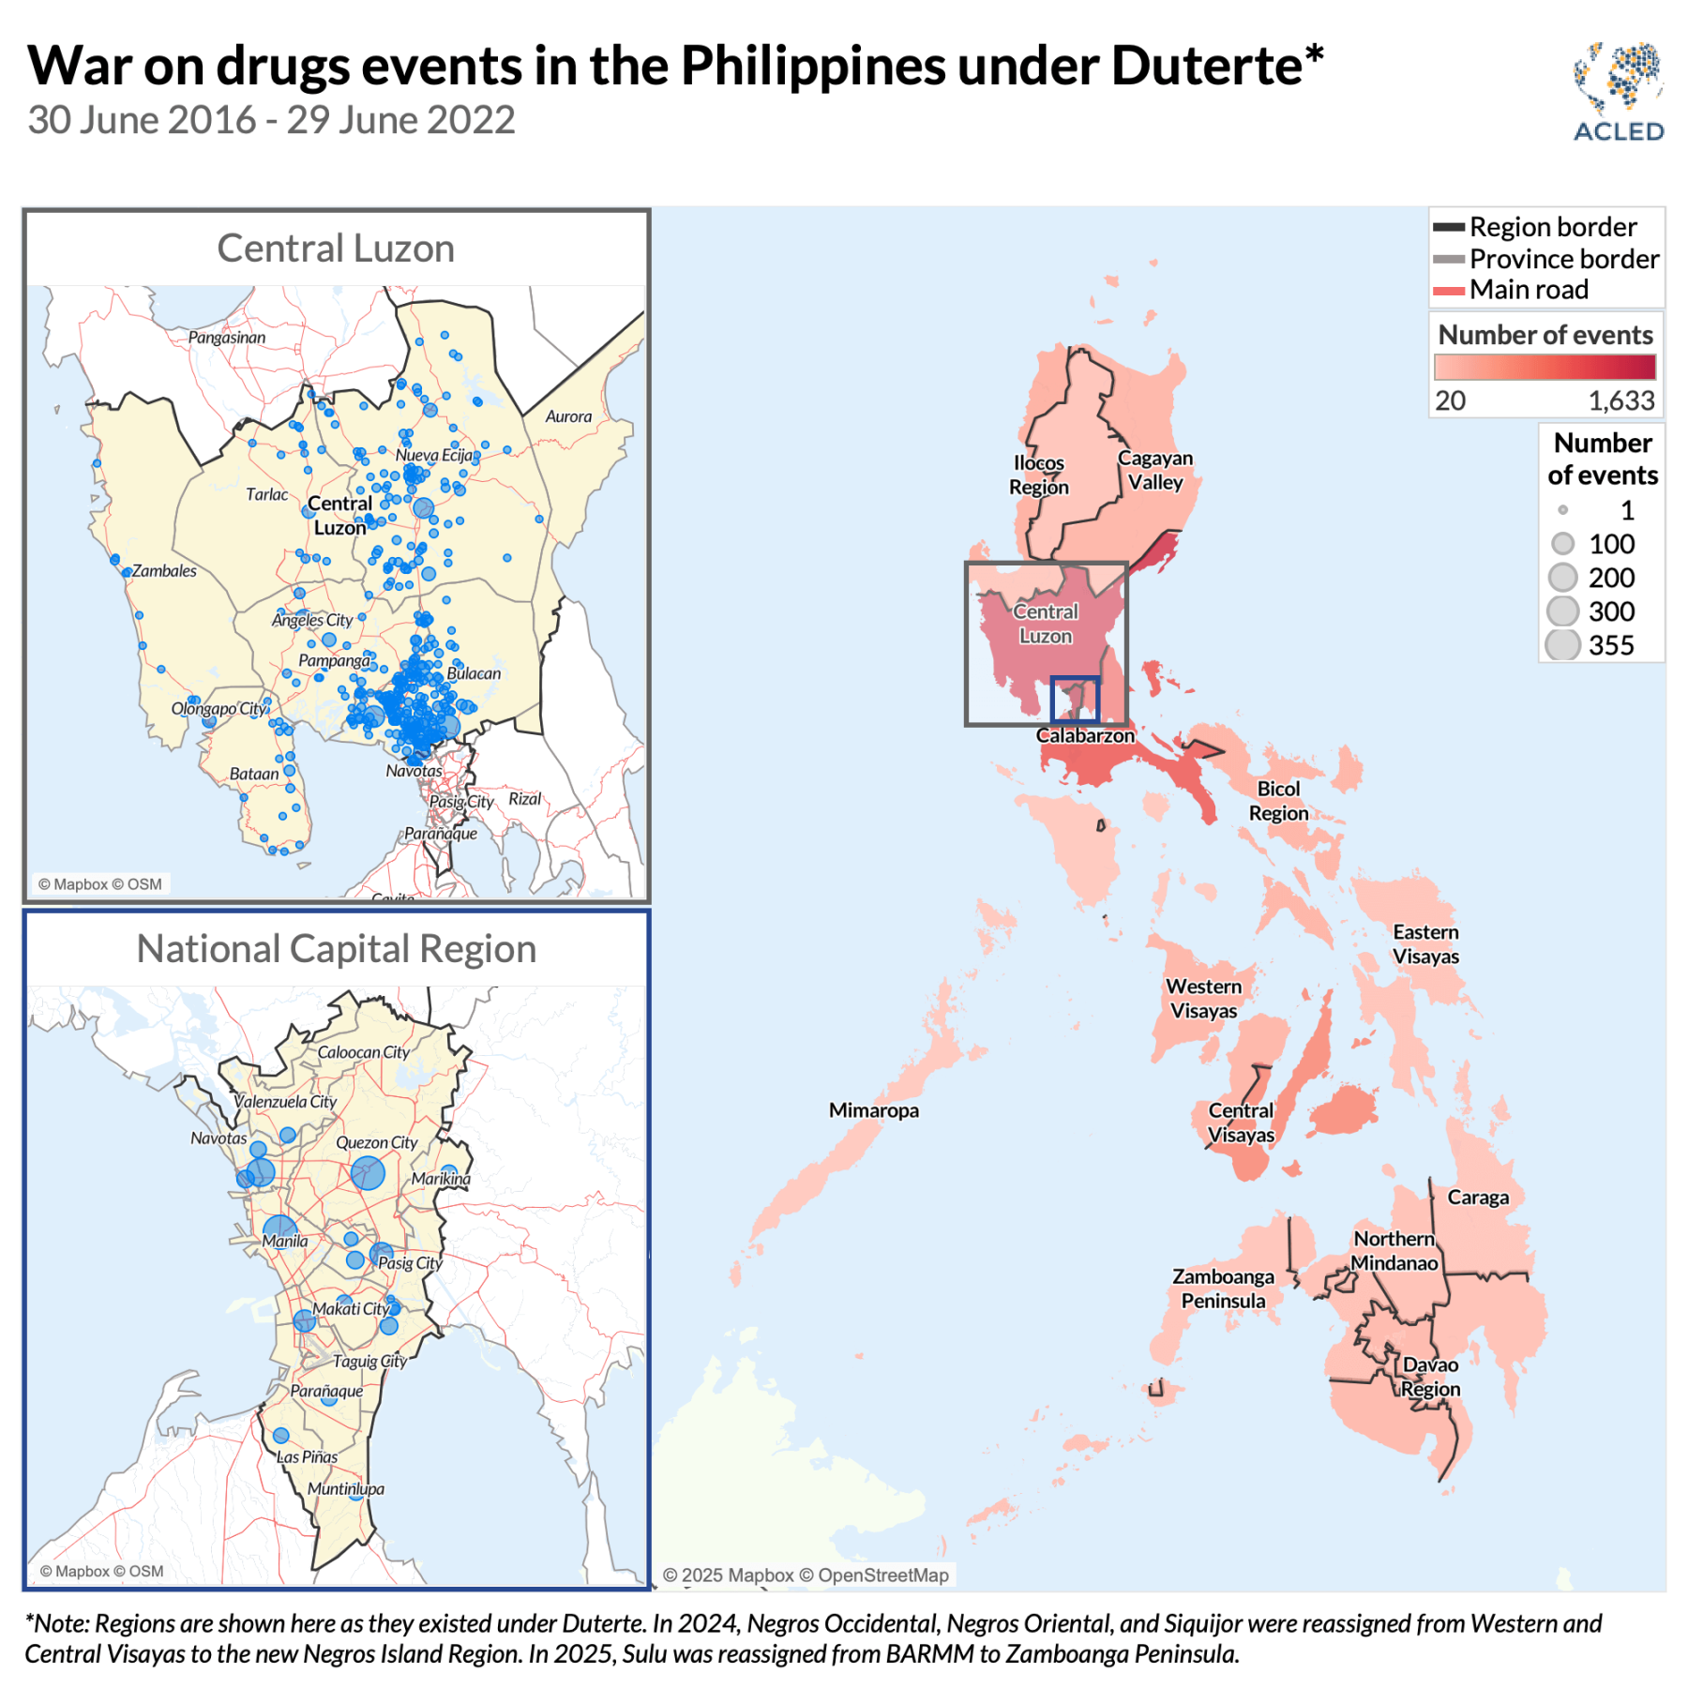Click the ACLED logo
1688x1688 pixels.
point(1618,92)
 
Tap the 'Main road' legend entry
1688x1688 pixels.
point(1528,290)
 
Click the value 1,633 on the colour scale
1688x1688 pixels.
point(1620,401)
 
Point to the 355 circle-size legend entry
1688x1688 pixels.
point(1591,645)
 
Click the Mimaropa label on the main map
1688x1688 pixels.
point(873,1110)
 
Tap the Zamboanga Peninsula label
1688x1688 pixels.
point(1223,1289)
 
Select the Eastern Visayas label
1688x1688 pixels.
point(1425,944)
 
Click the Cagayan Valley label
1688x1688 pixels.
point(1155,470)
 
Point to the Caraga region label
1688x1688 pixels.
point(1478,1198)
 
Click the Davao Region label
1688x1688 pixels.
point(1430,1377)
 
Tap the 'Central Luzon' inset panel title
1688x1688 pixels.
point(336,249)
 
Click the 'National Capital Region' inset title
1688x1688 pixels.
point(336,949)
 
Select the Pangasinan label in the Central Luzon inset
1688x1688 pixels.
point(227,338)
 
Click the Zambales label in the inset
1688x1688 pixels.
point(164,571)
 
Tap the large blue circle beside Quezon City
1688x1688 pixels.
point(368,1173)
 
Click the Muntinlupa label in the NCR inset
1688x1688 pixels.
point(346,1489)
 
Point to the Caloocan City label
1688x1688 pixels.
point(364,1052)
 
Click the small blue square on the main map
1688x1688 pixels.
point(1075,699)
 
